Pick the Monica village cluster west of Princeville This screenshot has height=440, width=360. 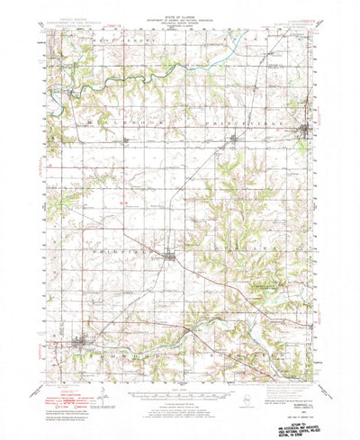click(237, 138)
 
